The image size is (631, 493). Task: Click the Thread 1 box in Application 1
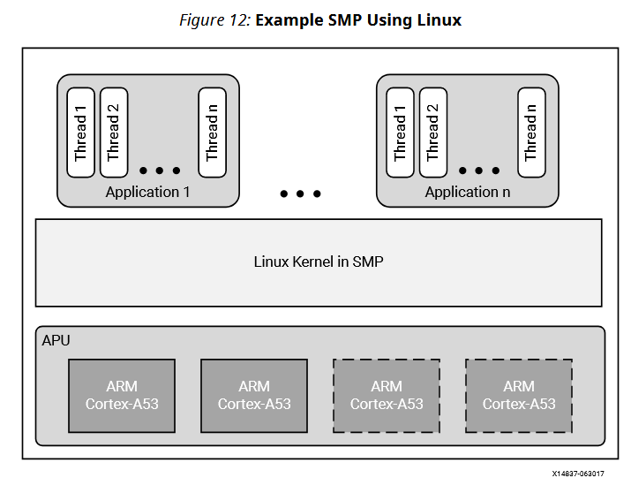(80, 133)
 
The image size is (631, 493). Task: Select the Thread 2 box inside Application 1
(113, 133)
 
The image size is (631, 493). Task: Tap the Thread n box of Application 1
(212, 133)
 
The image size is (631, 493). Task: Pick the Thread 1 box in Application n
(400, 133)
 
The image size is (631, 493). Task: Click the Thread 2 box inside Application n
(432, 133)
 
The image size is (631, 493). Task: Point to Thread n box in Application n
(531, 133)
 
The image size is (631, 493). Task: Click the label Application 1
(147, 192)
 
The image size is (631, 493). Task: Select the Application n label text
(467, 192)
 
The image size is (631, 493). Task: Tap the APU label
(56, 339)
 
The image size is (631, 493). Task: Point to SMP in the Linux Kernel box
(368, 262)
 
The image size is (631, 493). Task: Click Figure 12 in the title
(215, 19)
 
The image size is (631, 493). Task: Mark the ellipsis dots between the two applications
(300, 193)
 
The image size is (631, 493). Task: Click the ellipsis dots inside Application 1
(160, 171)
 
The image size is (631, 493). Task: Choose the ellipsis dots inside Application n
(479, 171)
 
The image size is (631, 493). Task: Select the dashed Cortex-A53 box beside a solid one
(387, 395)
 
